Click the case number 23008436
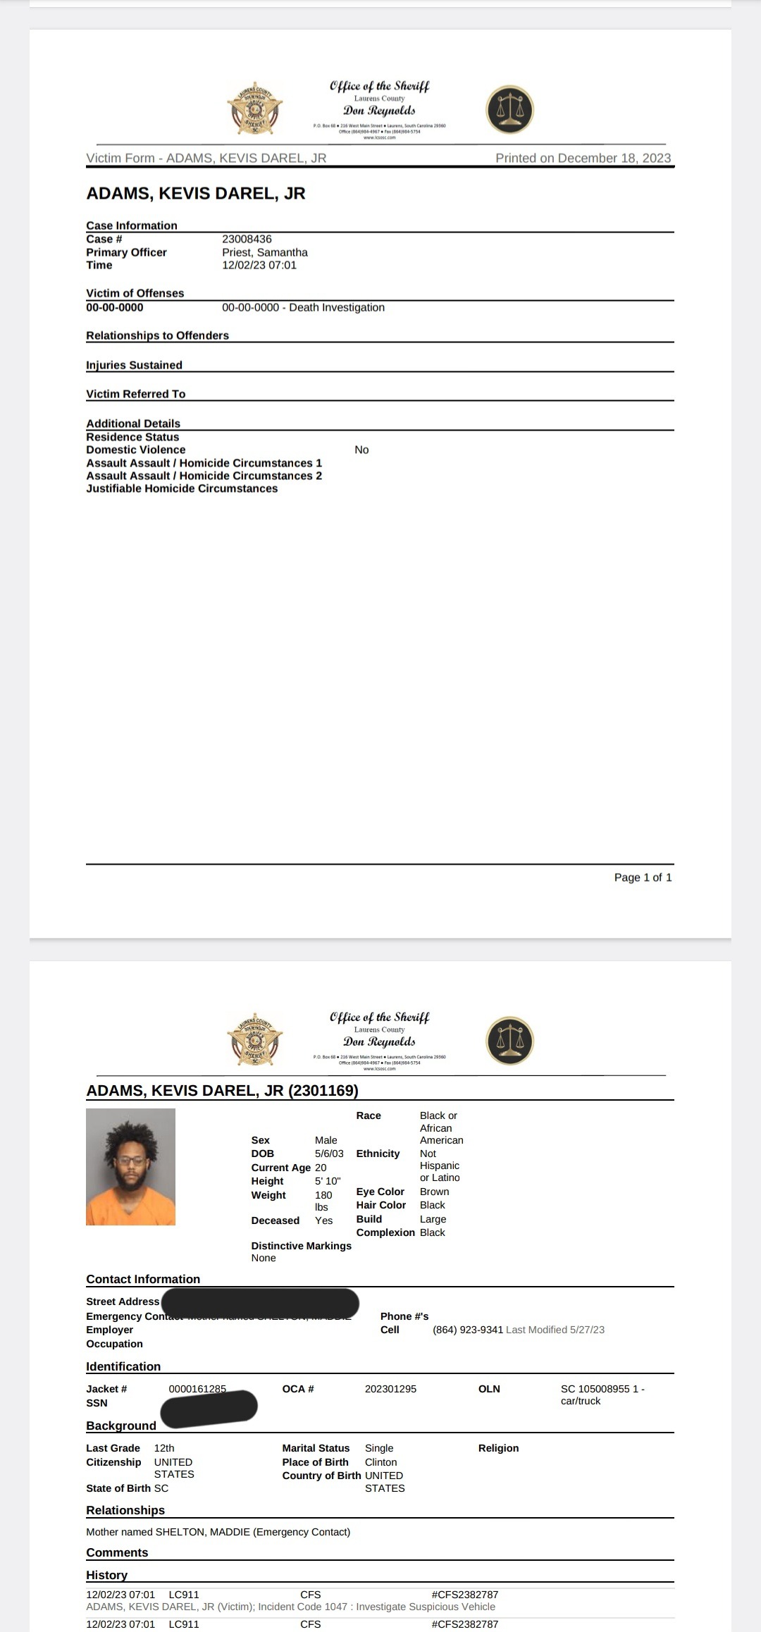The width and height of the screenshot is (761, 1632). click(247, 239)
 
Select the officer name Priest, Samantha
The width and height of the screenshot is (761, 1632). click(264, 252)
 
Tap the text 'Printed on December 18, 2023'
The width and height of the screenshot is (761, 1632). click(583, 158)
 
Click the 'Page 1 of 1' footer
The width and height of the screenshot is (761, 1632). click(643, 877)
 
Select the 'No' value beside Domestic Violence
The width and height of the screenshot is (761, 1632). click(361, 450)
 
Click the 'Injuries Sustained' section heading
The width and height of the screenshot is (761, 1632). click(134, 365)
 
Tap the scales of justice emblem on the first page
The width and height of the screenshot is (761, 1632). click(509, 110)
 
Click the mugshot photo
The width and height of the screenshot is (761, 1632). click(130, 1167)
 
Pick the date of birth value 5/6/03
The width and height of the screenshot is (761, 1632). click(329, 1154)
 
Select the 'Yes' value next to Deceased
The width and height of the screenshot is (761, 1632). click(323, 1220)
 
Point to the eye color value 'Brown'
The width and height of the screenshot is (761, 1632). click(434, 1192)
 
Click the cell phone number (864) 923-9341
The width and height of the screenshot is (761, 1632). click(468, 1330)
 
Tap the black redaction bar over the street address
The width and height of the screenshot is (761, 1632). click(261, 1302)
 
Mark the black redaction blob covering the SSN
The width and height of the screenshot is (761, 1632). click(209, 1408)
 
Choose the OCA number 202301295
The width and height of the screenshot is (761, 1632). click(390, 1389)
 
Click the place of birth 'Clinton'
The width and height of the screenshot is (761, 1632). click(380, 1462)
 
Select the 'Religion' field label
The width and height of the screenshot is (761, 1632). click(498, 1448)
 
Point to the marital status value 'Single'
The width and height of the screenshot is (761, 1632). click(379, 1448)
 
